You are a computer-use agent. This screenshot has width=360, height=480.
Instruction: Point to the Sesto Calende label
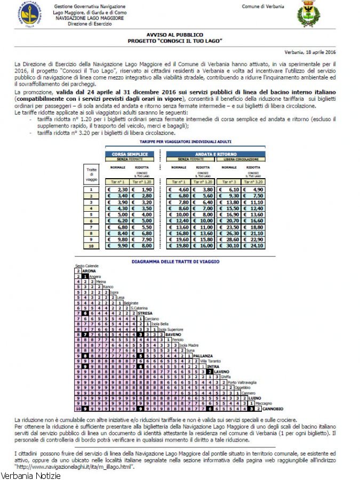click(86, 266)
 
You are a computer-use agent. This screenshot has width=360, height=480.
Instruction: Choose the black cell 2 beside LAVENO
click(210, 372)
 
